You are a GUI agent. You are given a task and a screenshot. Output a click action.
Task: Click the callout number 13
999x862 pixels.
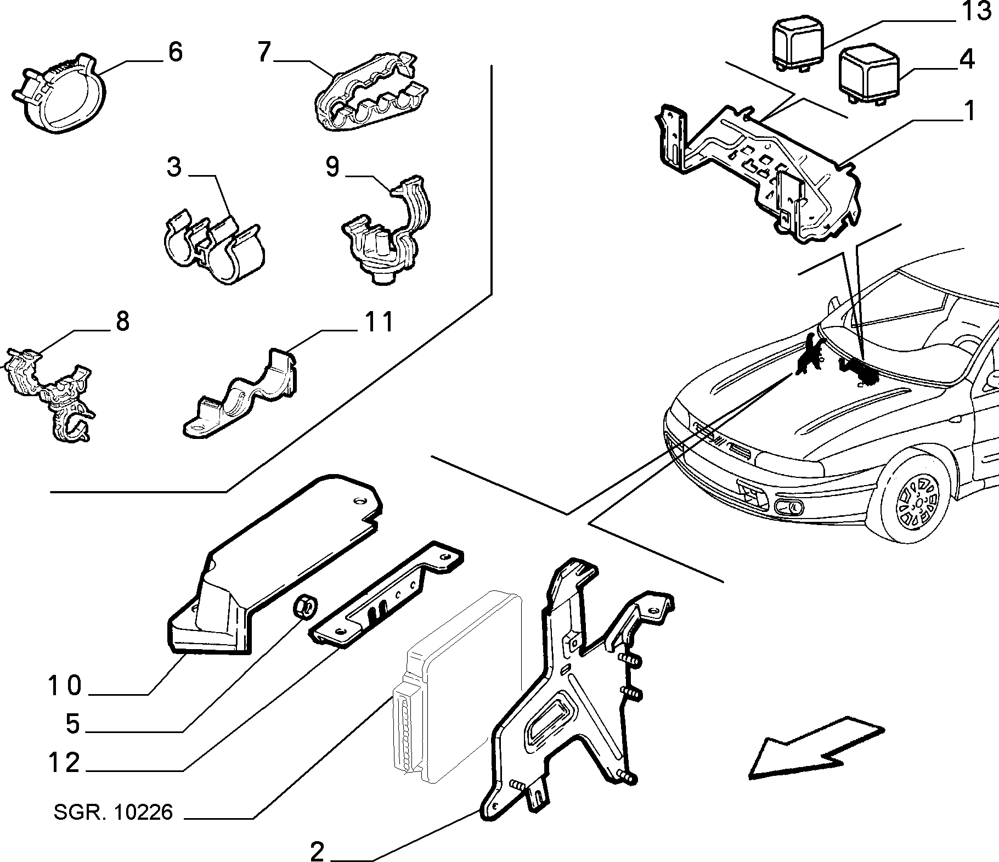pos(975,11)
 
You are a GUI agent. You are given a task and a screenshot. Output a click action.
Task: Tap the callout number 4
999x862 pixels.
pos(966,59)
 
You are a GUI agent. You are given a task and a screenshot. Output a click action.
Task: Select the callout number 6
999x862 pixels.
pos(174,52)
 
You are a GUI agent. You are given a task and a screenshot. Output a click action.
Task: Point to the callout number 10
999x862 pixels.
pos(65,686)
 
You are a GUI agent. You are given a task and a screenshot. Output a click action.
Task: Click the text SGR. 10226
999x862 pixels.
pos(113,812)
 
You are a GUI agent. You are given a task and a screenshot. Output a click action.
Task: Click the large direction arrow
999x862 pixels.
pos(817,747)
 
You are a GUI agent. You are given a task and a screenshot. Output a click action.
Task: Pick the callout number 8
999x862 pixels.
pos(122,322)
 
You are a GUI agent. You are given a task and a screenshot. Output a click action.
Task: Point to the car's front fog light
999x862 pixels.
pos(789,506)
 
